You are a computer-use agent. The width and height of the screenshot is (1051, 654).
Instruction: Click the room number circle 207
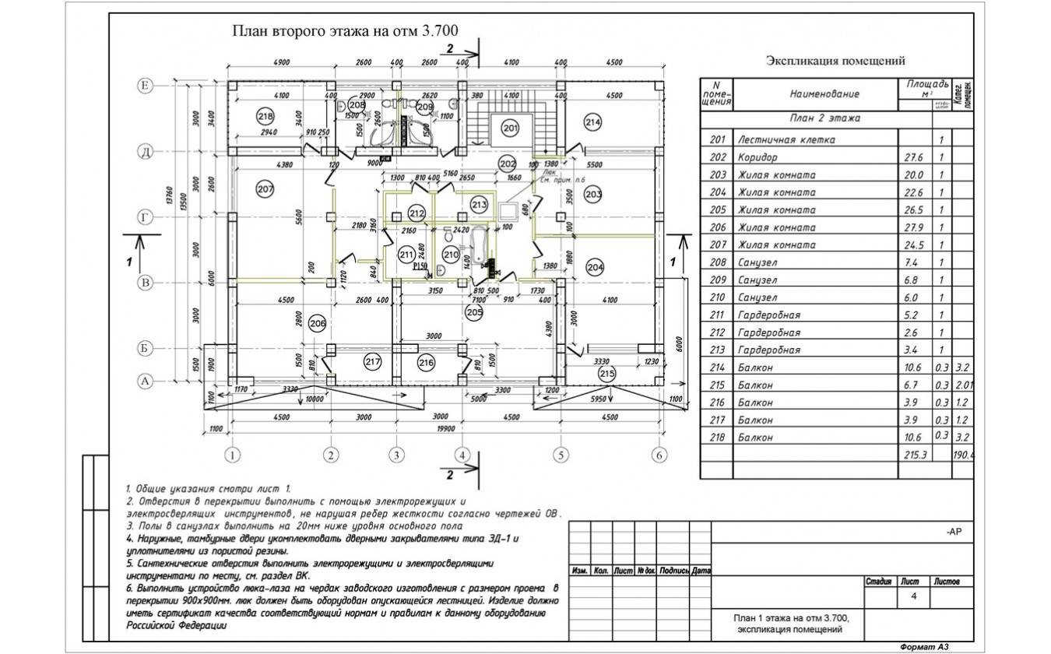(x=265, y=188)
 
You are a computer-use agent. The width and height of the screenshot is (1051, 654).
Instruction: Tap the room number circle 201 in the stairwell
(x=510, y=127)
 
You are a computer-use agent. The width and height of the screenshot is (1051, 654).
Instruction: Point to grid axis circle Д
(x=144, y=151)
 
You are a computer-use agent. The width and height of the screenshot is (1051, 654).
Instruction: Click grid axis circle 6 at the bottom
(x=659, y=455)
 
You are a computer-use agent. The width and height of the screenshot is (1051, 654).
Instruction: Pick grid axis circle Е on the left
(x=144, y=84)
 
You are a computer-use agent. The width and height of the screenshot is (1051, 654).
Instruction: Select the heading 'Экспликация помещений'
(x=835, y=61)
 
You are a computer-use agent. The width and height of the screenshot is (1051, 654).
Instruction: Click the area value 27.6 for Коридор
(x=912, y=157)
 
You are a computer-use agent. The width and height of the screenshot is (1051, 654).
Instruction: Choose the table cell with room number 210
(x=718, y=297)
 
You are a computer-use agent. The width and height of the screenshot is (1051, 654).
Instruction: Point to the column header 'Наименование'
(x=824, y=93)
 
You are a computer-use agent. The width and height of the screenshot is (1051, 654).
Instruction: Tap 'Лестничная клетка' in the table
(x=786, y=139)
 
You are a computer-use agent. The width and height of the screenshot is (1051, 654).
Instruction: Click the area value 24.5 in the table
(x=912, y=245)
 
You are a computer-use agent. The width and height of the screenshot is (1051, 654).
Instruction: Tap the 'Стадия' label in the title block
(x=879, y=582)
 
